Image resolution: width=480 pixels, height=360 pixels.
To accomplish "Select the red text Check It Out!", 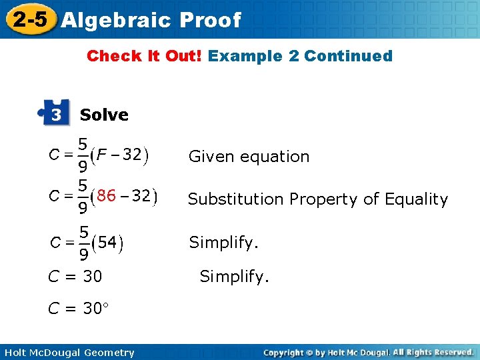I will click(x=145, y=56).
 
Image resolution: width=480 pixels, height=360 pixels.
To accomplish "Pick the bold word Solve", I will click(x=104, y=115).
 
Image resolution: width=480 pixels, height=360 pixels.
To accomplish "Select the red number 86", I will click(x=106, y=197).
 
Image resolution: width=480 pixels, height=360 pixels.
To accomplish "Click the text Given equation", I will click(x=249, y=157).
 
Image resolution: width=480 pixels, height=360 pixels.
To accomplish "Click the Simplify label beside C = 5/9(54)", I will click(x=224, y=243).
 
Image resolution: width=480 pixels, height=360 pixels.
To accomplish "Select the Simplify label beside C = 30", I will click(x=235, y=276).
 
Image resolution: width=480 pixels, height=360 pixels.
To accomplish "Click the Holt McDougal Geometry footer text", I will click(x=69, y=353).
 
